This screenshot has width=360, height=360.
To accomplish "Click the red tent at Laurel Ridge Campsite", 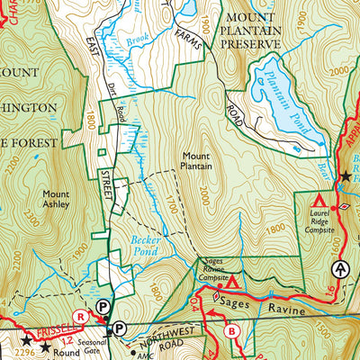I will tap(318, 197).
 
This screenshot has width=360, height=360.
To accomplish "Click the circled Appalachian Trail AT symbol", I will tap(340, 268).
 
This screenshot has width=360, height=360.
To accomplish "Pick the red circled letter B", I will tap(231, 328).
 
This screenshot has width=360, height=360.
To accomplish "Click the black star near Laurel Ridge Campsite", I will tap(346, 176).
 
